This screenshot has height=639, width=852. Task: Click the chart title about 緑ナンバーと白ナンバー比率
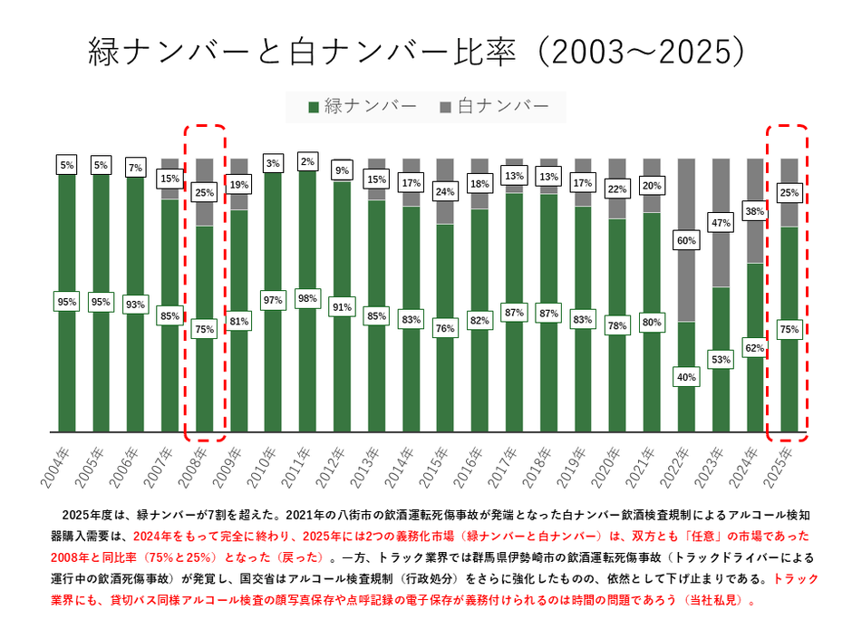(419, 53)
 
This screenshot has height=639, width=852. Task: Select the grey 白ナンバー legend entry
(494, 107)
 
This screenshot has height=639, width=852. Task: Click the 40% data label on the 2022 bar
(687, 376)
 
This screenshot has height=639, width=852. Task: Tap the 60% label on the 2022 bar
(687, 240)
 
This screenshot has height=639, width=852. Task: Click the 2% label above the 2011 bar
(307, 162)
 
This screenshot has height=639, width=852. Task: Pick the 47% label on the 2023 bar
(721, 223)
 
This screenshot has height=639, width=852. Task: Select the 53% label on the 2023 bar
(721, 360)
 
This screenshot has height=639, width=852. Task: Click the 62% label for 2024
(756, 347)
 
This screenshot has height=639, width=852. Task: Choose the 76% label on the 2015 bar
(445, 328)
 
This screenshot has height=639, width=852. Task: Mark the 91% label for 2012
(342, 306)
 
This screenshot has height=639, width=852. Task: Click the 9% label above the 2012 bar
(342, 170)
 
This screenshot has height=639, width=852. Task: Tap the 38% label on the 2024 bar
(756, 210)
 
